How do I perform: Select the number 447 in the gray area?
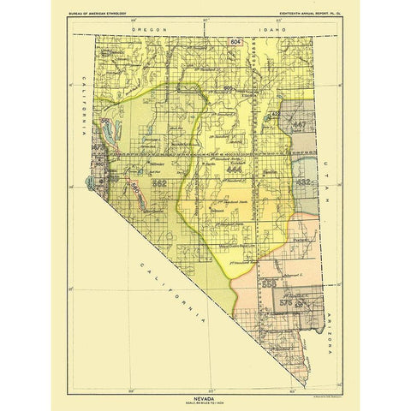pos(299,125)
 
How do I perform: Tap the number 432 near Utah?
pos(302,182)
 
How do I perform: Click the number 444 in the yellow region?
pos(235,171)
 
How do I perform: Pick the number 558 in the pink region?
pos(269,282)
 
